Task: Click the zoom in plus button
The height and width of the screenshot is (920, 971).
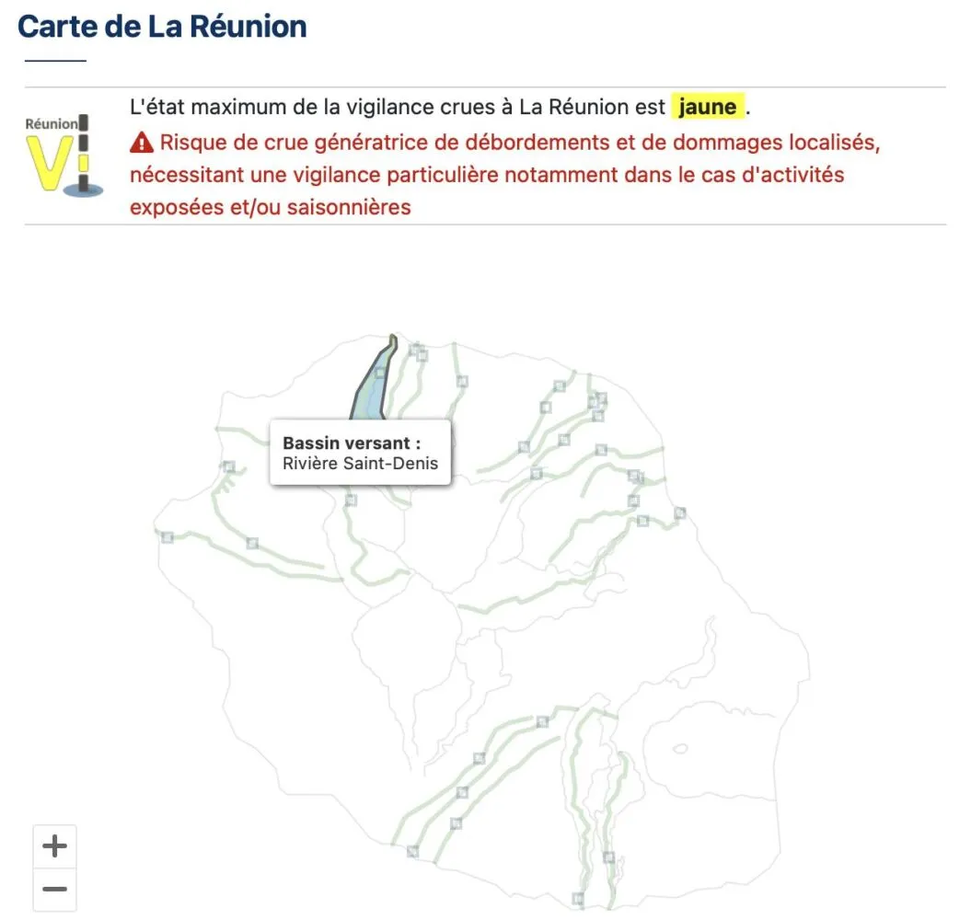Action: pos(54,845)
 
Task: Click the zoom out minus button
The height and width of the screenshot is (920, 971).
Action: pos(54,889)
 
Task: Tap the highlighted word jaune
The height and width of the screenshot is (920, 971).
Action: pos(707,107)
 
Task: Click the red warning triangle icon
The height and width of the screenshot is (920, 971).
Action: pos(142,143)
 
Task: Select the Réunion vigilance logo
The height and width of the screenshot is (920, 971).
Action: pos(64,155)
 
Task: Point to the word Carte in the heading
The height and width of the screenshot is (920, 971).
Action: pos(58,27)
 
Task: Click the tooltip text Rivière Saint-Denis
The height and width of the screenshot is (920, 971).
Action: pos(361,463)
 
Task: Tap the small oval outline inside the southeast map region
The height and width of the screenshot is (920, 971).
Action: pos(680,749)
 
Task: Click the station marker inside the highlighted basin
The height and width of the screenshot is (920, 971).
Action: pos(379,373)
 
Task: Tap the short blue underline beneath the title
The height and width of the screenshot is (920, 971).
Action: pos(55,61)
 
